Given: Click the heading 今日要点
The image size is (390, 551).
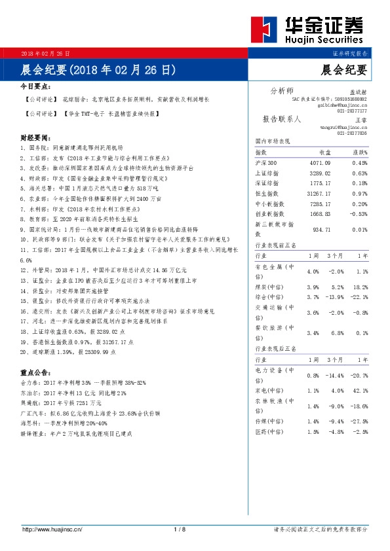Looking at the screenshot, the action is [36, 86].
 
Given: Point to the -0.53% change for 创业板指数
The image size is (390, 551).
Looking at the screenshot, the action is [359, 213].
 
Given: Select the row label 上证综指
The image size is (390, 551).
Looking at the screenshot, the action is [267, 173].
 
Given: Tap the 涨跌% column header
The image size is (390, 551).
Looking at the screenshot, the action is [359, 152].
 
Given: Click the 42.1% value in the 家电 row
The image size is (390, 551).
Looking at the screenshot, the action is [361, 391].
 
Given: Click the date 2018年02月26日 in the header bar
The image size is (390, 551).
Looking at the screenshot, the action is [45, 52].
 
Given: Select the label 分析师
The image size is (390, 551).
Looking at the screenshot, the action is [282, 90].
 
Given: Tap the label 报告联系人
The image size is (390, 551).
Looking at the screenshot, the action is [282, 119].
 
